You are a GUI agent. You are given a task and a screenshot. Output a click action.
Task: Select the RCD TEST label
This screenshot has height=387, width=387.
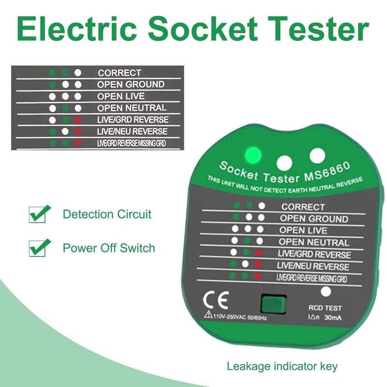325,308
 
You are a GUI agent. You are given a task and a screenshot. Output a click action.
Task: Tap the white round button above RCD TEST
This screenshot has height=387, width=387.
326,292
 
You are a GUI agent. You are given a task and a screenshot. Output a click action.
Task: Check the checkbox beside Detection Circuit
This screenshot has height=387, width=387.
37,214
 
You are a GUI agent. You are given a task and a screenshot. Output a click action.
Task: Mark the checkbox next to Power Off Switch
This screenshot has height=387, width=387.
37,248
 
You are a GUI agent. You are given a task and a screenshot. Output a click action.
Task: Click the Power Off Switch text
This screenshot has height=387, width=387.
109,248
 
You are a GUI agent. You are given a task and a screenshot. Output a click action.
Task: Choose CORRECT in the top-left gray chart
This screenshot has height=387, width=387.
119,73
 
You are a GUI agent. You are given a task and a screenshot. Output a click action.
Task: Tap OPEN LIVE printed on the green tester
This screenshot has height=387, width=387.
303,230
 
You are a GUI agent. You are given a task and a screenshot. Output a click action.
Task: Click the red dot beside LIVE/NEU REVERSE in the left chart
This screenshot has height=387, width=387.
77,131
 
